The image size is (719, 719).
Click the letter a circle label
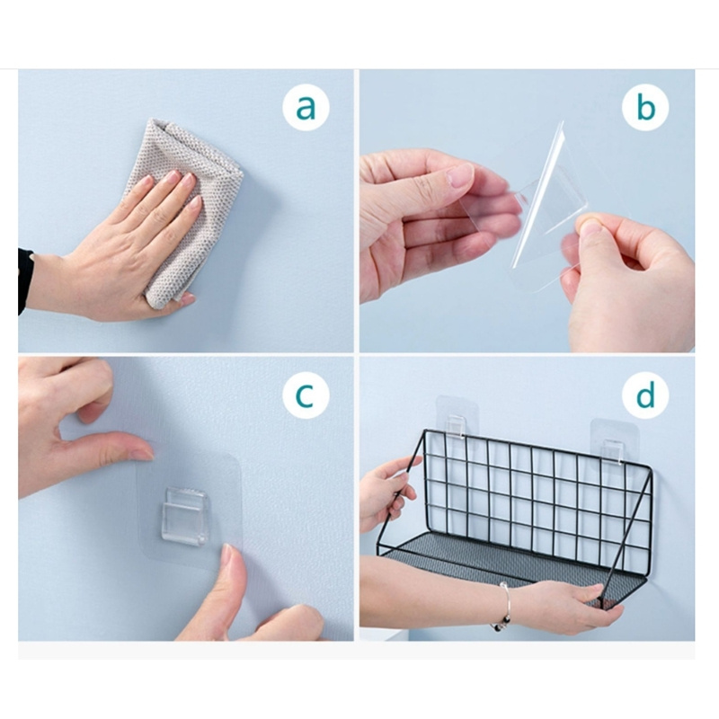click(306, 107)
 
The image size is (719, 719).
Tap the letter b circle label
click(645, 107)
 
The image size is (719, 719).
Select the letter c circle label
click(306, 395)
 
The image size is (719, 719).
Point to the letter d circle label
click(645, 395)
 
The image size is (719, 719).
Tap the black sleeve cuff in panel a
click(25, 280)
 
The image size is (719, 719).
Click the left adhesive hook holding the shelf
click(457, 422)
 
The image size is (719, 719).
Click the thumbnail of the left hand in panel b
click(460, 175)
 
